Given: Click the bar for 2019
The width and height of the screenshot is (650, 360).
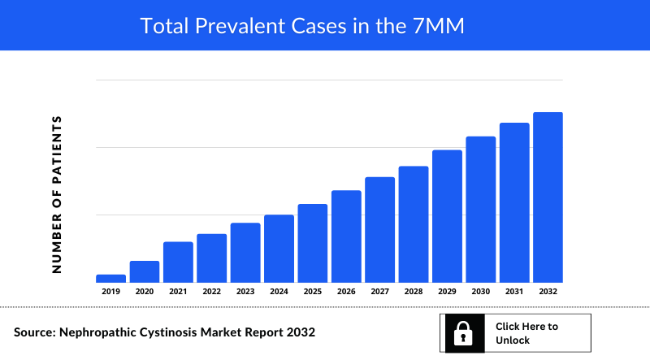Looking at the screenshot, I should [110, 278].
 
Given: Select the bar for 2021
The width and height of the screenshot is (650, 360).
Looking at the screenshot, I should [178, 262].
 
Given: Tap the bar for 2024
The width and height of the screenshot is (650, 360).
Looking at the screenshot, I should [279, 248].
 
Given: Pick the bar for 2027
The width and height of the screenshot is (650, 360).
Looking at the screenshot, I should [379, 229].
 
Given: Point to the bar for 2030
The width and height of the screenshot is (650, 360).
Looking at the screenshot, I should [480, 209].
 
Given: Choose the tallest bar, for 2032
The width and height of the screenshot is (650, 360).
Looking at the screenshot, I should [548, 197].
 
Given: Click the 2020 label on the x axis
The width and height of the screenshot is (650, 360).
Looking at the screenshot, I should [145, 291].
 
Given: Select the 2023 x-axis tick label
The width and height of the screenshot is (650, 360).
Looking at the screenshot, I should [245, 291].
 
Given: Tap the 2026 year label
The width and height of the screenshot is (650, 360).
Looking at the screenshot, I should [346, 291].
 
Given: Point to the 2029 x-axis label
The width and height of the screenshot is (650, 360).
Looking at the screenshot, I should [447, 291].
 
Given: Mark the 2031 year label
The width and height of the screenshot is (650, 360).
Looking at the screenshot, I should [514, 291].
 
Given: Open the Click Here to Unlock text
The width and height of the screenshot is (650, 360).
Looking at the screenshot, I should [526, 333].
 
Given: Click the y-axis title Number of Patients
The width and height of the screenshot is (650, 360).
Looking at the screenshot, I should [57, 193].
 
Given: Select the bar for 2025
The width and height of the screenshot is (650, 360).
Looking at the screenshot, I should [313, 243].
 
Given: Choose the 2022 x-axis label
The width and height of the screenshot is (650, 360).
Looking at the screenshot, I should [211, 291].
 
